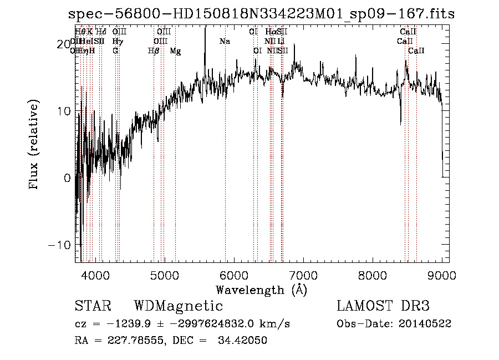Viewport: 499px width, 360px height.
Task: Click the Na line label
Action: click(225, 42)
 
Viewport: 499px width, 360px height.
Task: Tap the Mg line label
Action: click(175, 51)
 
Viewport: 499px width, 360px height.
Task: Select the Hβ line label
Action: click(154, 51)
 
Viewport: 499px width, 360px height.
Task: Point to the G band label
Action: click(115, 51)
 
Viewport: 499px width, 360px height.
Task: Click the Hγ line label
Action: click(117, 42)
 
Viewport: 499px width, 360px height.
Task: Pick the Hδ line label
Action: click(101, 32)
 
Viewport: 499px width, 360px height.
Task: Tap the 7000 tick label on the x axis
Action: click(303, 276)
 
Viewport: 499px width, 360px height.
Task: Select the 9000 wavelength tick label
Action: click(442, 276)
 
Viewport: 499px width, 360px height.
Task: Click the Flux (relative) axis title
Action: click(34, 145)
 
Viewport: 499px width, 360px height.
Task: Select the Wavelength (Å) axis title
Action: click(261, 290)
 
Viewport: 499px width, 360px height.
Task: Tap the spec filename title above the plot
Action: click(261, 14)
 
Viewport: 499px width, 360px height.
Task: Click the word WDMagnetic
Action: click(179, 306)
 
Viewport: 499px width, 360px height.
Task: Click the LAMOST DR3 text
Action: click(383, 306)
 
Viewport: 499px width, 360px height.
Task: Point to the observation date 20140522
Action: click(425, 324)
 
